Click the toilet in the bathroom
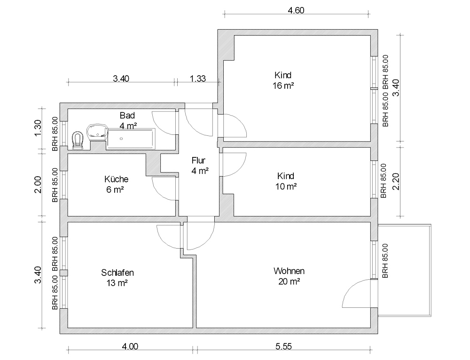tap(78, 140)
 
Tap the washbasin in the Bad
tap(97, 132)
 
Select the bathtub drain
tap(121, 139)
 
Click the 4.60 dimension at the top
tap(296, 10)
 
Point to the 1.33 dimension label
tap(198, 78)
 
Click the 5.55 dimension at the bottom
tap(283, 346)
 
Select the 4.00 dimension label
tap(130, 346)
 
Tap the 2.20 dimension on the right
tap(396, 181)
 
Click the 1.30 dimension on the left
tap(38, 128)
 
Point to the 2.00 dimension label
tap(38, 185)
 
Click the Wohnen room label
tap(289, 271)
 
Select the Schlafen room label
tap(117, 273)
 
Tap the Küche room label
tap(116, 179)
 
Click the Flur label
tap(198, 160)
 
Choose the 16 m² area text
tap(283, 86)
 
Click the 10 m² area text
tap(286, 187)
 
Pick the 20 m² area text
tap(289, 282)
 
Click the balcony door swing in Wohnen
tap(351, 288)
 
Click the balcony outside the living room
tap(404, 270)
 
